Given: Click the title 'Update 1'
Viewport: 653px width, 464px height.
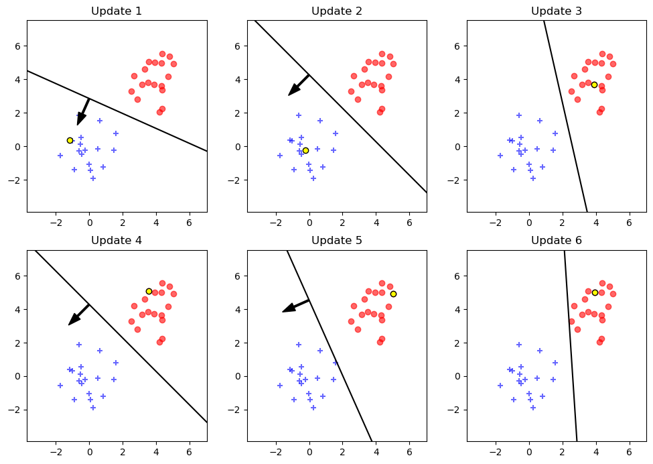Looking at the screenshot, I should click(x=117, y=11).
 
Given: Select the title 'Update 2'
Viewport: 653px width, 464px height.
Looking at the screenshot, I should click(x=336, y=11).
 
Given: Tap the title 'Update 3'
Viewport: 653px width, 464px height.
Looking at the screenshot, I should click(x=557, y=11).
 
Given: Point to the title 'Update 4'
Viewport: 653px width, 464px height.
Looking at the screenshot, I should click(x=117, y=241).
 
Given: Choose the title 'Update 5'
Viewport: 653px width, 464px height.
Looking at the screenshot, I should click(x=336, y=241).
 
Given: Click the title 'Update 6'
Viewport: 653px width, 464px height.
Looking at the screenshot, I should click(x=557, y=241).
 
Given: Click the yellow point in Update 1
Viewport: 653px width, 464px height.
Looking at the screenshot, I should click(x=70, y=140).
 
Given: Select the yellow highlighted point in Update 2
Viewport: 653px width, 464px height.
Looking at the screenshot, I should click(x=305, y=150).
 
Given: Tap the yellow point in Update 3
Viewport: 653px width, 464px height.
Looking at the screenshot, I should click(x=594, y=84).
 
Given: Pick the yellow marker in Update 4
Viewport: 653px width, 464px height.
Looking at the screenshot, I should click(x=149, y=291).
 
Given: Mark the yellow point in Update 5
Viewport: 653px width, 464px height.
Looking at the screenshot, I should click(x=393, y=294).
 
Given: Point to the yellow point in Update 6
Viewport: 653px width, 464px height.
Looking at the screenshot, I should click(x=595, y=292).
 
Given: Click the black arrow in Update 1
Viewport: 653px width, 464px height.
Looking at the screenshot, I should click(x=83, y=112).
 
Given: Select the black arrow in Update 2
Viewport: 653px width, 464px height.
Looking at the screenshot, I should click(x=299, y=85).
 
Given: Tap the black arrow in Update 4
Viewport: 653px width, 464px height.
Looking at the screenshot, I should click(x=79, y=314).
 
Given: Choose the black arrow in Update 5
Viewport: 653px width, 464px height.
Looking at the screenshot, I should click(x=295, y=306).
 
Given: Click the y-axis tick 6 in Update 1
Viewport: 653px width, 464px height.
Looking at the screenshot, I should click(x=18, y=46).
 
